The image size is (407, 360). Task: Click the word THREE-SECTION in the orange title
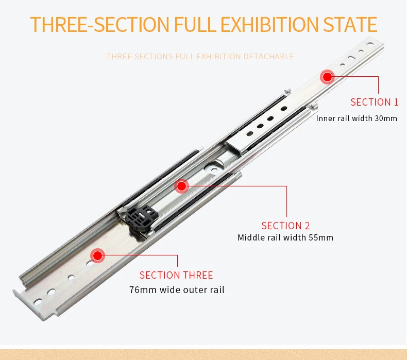coord(100,24)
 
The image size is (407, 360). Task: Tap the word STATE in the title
coord(350,24)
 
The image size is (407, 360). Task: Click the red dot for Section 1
coord(328,77)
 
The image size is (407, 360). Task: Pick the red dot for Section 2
coord(182,186)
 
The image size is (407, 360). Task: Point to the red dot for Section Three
coord(97,255)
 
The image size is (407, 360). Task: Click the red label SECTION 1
coord(375,102)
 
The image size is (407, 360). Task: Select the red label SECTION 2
coord(285,226)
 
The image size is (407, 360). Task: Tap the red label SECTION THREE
coord(176,275)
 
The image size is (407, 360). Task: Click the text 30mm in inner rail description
coord(386,118)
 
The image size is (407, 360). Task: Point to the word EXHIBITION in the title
coord(269,24)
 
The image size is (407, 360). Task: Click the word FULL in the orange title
coord(195,24)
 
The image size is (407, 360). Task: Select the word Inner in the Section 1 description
coord(326,118)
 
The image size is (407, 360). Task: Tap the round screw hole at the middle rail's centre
coord(214,170)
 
